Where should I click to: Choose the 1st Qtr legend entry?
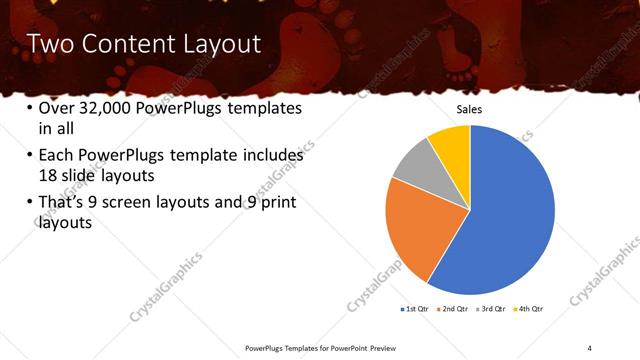coord(414,311)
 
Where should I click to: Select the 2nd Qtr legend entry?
coord(455,311)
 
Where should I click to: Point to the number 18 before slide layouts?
coord(47,174)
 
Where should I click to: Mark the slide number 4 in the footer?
coord(589,347)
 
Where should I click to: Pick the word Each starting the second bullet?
coord(57,156)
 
